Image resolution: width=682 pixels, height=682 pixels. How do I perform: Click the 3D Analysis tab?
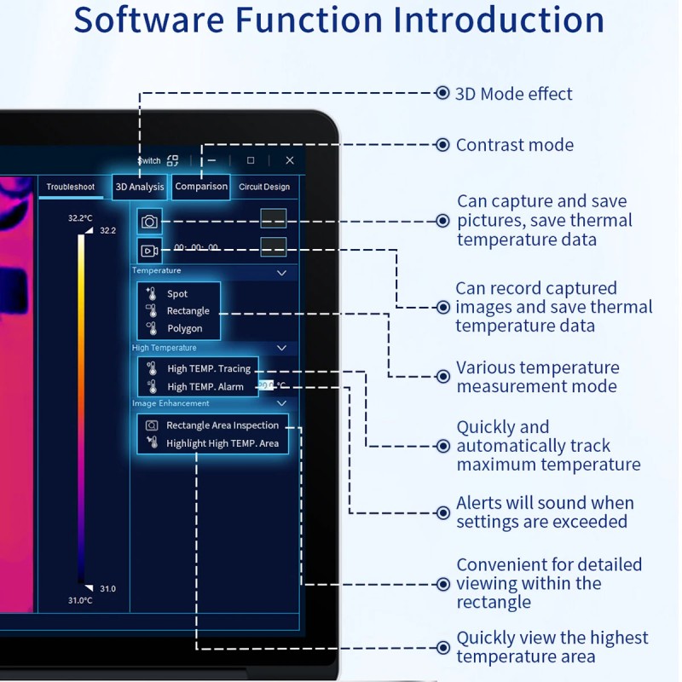coord(140,187)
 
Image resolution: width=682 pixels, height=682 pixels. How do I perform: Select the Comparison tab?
coord(201,187)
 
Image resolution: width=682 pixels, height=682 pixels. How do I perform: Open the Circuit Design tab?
coord(264,187)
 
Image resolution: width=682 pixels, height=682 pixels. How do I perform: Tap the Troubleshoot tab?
coord(71,187)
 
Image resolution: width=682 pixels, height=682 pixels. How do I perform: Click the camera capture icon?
coord(150,222)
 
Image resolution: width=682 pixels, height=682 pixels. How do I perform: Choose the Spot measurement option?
coord(177,294)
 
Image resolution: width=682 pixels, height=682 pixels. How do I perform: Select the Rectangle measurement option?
coord(188,311)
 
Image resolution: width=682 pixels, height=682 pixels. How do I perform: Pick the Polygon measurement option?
coord(184,328)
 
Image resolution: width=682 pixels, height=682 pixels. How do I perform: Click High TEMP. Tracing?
coord(209,369)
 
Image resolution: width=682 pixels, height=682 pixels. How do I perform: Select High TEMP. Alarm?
coord(205,387)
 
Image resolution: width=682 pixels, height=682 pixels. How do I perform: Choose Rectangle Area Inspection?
coord(223,425)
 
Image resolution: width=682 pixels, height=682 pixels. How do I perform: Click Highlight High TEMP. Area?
coord(222,443)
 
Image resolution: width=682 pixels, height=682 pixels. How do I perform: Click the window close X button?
coord(290,160)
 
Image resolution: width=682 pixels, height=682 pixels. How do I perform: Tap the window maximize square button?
coord(251,160)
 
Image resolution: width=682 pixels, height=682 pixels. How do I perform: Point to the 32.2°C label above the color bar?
coord(80,218)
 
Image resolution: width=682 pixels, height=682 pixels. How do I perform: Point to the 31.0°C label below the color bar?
coord(80,600)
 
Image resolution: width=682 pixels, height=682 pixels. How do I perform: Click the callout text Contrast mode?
coord(514,145)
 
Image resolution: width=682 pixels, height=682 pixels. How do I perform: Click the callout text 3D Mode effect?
coord(513,94)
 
